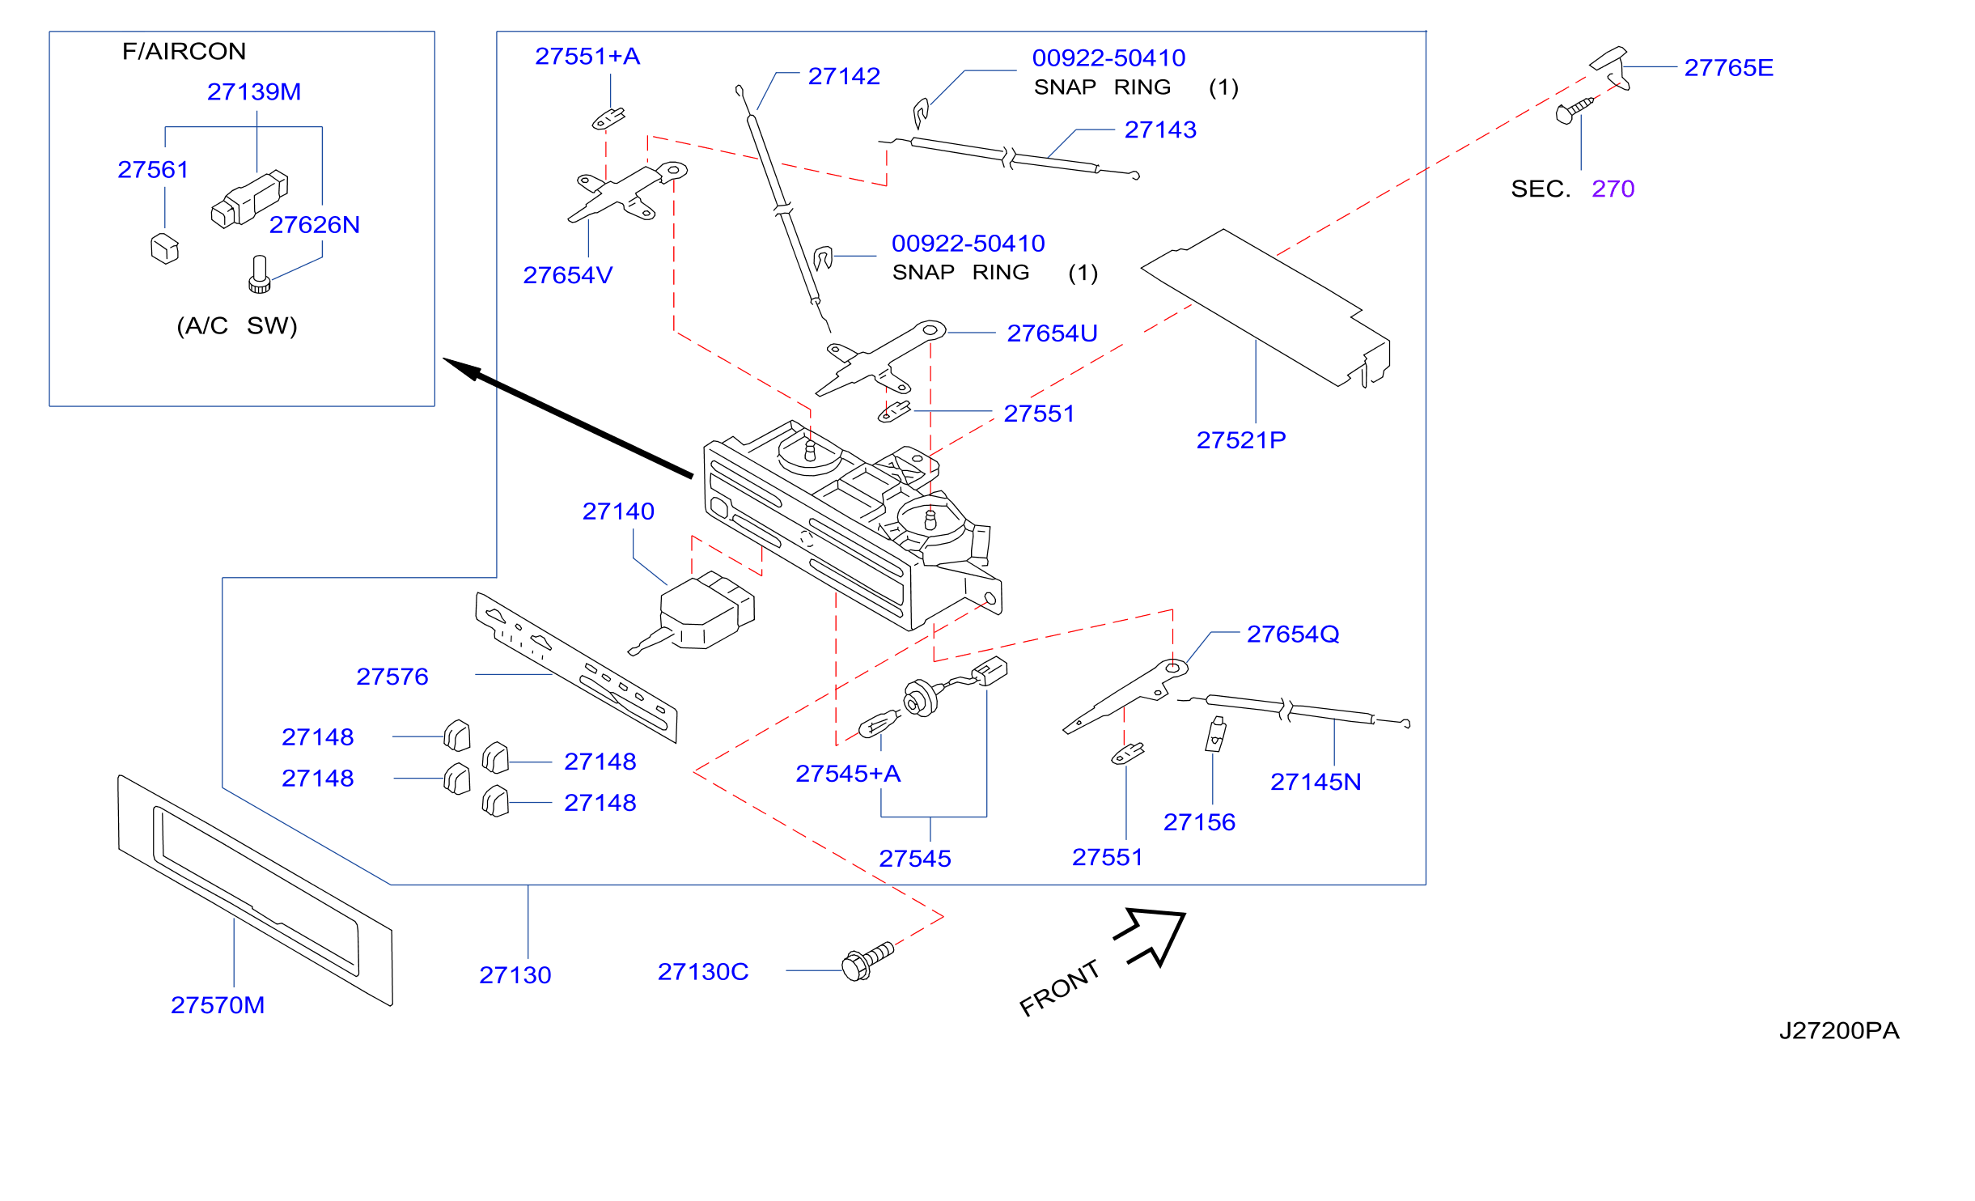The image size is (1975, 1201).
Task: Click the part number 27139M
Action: point(254,92)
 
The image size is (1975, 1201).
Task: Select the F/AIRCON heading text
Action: point(184,52)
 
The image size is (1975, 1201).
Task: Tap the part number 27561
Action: point(153,170)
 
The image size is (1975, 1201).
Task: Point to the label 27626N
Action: point(315,225)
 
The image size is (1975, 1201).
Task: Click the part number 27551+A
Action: point(587,57)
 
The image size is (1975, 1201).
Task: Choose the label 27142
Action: point(844,76)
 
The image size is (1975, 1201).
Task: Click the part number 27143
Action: point(1160,130)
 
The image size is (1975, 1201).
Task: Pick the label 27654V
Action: point(568,276)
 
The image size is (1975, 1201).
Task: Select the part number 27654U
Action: point(1052,333)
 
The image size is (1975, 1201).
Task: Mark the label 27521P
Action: point(1241,440)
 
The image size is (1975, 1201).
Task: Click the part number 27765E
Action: point(1729,68)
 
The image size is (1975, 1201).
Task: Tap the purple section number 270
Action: point(1613,189)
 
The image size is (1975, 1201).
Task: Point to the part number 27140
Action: point(618,511)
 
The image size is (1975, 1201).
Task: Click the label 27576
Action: point(392,677)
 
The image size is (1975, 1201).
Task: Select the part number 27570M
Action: point(218,1005)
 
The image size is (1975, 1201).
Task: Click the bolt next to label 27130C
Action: point(867,961)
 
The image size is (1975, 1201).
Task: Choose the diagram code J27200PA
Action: point(1839,1031)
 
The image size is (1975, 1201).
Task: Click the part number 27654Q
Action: point(1293,634)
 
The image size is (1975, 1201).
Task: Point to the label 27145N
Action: point(1316,783)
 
